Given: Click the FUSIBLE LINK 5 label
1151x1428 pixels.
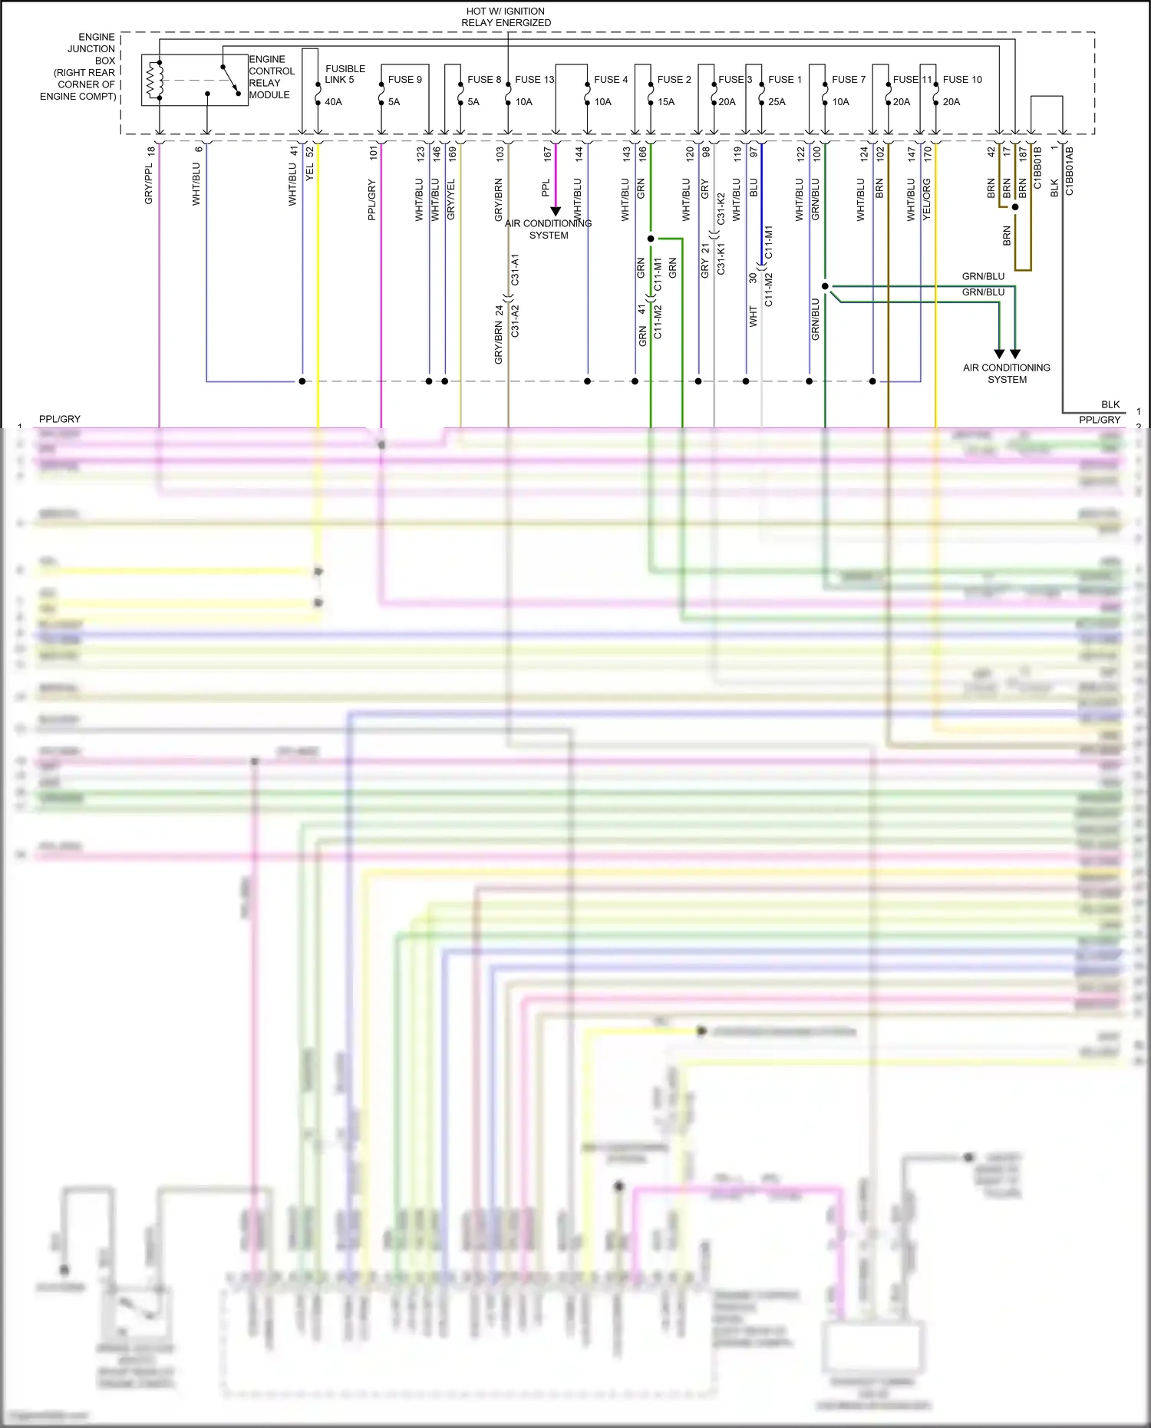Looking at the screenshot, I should [x=345, y=74].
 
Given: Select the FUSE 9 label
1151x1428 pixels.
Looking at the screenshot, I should [x=404, y=79].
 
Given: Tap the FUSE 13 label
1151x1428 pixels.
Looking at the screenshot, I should [x=534, y=79].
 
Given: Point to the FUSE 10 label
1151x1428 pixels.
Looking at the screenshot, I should [x=961, y=79].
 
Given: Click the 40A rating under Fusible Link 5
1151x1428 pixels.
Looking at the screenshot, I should [x=333, y=101].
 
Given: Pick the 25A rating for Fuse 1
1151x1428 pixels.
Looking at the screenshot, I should [x=777, y=101].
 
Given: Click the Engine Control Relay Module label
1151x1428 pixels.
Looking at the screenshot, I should [x=270, y=77].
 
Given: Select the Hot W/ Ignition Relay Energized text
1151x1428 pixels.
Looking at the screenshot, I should [x=506, y=17].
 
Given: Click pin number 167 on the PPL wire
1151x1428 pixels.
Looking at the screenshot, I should [x=548, y=154].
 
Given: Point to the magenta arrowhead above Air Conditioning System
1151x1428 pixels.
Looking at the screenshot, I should [x=556, y=211].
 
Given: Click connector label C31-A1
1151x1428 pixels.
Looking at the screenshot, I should [x=515, y=269].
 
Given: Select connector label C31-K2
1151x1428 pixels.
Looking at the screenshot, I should [x=721, y=208].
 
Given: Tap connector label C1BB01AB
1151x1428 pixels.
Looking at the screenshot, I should [x=1069, y=170].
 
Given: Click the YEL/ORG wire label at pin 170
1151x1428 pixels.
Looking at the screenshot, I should [x=926, y=200].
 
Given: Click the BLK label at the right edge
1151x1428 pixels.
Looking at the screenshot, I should [x=1110, y=404].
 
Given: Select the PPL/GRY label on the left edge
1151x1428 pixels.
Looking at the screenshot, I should [x=59, y=419].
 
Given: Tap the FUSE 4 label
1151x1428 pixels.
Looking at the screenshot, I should [x=610, y=79].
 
